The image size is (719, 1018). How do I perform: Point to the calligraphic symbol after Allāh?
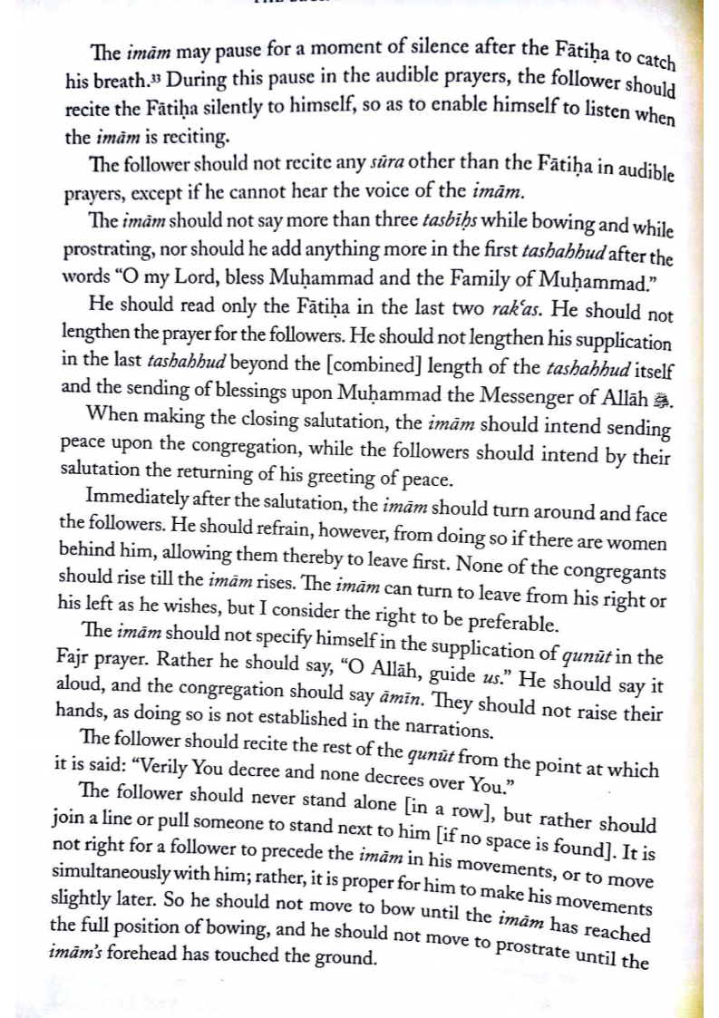(x=661, y=400)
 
